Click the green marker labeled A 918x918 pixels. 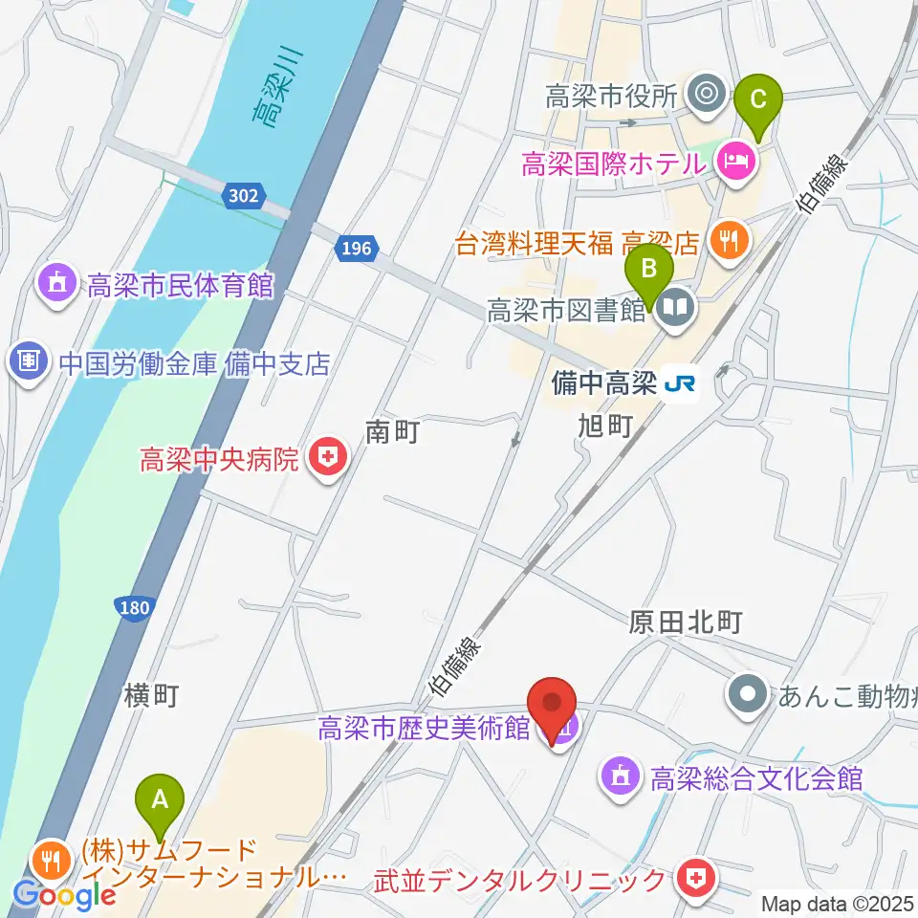[x=161, y=797]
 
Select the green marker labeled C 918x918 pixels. [x=759, y=99]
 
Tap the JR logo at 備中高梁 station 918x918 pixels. [x=681, y=384]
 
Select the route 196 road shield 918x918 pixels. [x=354, y=249]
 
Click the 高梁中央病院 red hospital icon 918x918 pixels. [x=327, y=460]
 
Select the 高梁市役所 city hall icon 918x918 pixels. [x=707, y=95]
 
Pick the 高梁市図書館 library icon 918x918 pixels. [x=676, y=309]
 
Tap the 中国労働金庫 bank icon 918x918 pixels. [x=29, y=362]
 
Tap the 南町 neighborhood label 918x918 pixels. [x=393, y=433]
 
